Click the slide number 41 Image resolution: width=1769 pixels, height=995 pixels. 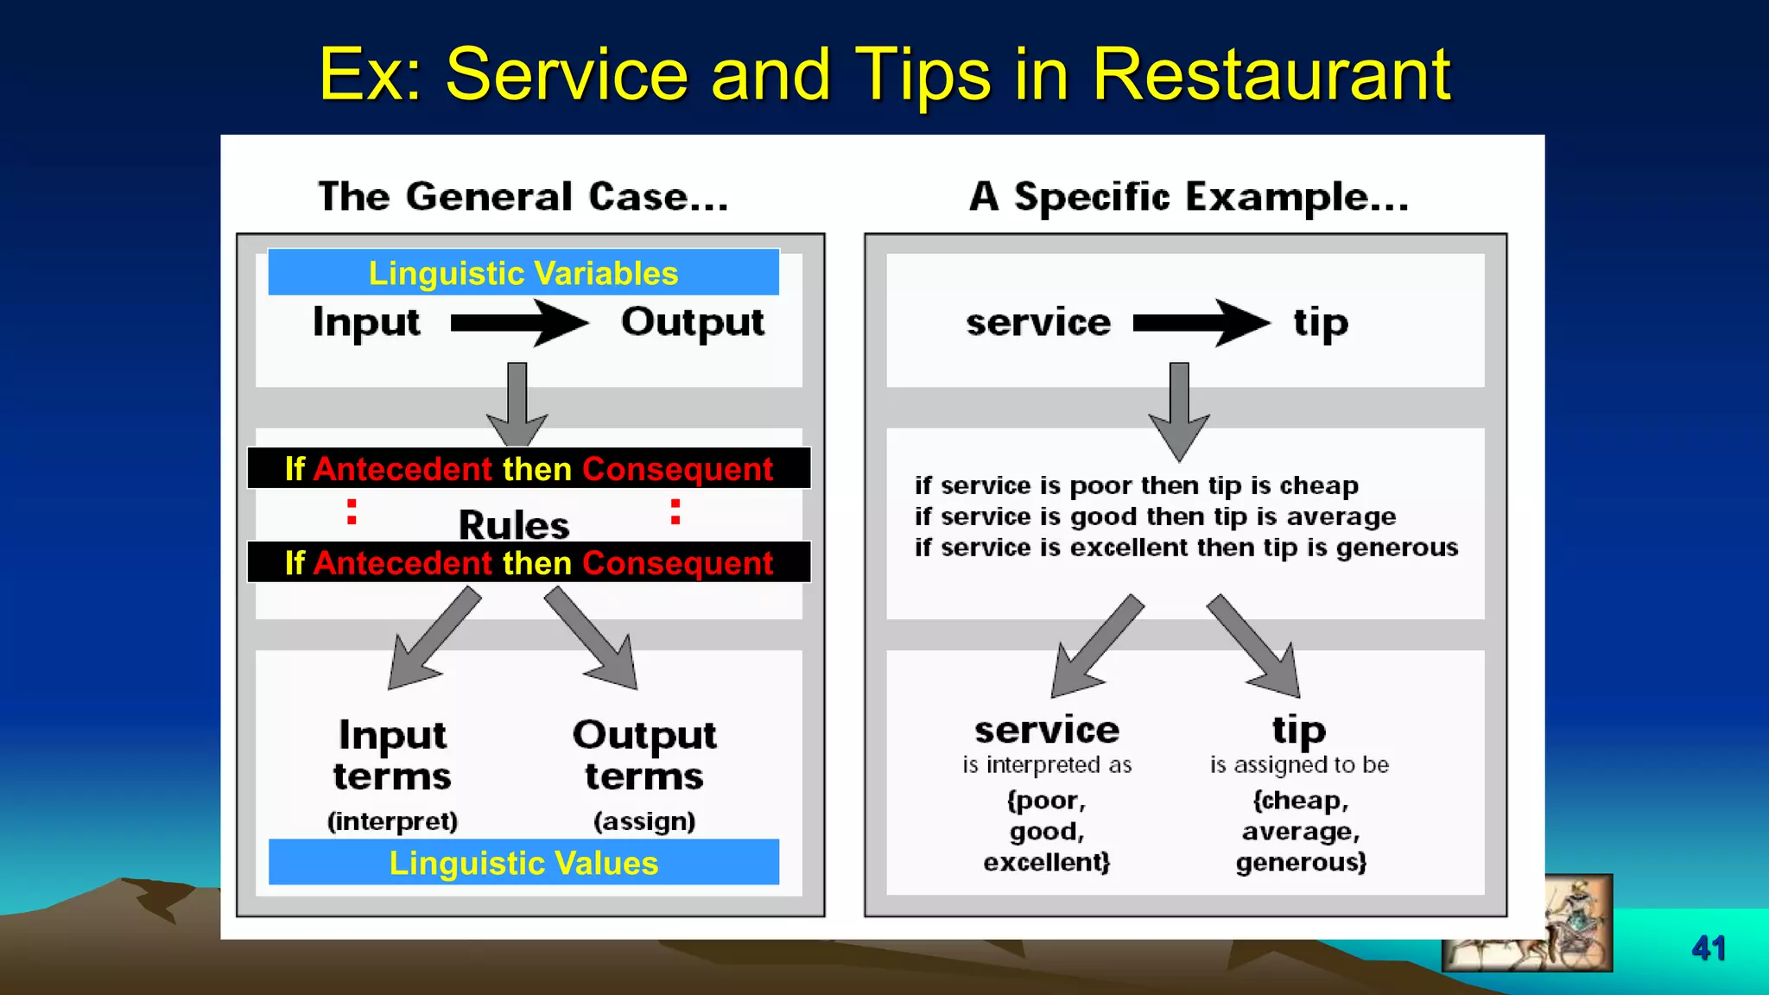click(1709, 948)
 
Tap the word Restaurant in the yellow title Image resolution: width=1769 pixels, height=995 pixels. click(1271, 75)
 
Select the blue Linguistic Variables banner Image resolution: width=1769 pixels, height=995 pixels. click(523, 273)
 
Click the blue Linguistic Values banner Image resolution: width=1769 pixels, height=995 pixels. click(523, 863)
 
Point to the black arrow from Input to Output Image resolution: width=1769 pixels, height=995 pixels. click(519, 323)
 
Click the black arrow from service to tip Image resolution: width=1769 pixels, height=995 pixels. click(1201, 323)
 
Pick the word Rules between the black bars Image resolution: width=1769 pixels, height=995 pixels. click(514, 524)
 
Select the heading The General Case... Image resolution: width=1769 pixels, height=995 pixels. click(523, 197)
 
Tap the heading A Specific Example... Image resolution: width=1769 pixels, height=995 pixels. click(1189, 197)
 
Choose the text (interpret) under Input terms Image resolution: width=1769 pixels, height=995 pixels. click(392, 821)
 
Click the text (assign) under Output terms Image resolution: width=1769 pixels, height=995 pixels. click(644, 821)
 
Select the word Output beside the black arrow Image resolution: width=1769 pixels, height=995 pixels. click(693, 323)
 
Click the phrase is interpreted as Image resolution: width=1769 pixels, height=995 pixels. click(1047, 765)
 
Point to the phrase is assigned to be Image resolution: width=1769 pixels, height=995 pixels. click(1299, 765)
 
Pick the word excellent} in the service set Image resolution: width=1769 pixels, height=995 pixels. click(1047, 862)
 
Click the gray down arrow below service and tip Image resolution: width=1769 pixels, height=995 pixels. click(1179, 411)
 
